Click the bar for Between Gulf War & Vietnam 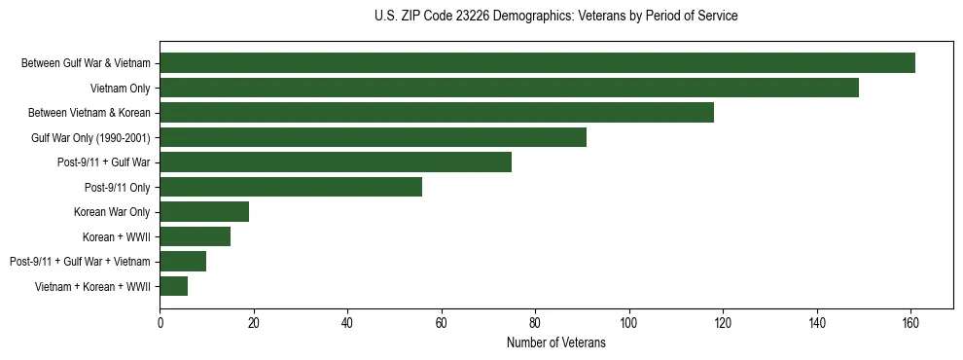[x=537, y=63]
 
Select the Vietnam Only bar [x=509, y=88]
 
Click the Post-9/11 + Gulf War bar [x=336, y=162]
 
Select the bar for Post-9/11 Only [x=291, y=187]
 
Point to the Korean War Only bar [x=204, y=212]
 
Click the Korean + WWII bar [x=195, y=236]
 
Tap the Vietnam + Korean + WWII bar [x=174, y=286]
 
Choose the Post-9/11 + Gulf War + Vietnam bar [x=183, y=261]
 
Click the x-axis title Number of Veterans [x=556, y=343]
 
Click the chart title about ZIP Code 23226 [x=556, y=17]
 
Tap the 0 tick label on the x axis [x=160, y=322]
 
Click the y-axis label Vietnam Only [x=126, y=89]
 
